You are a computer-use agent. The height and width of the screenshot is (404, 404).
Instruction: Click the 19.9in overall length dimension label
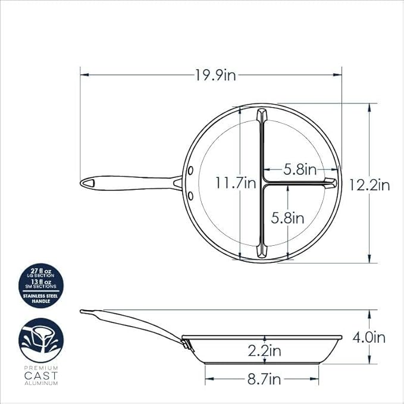[x=215, y=75]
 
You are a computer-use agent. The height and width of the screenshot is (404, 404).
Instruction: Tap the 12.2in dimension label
[x=369, y=185]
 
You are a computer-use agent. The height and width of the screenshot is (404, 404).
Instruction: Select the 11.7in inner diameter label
[x=236, y=183]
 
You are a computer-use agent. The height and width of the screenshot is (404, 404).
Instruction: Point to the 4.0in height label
[x=369, y=337]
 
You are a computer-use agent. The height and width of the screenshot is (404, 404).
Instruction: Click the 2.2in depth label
[x=264, y=350]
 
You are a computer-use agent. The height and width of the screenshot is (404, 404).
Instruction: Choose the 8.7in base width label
[x=264, y=379]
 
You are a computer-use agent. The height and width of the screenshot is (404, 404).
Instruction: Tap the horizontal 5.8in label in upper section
[x=300, y=170]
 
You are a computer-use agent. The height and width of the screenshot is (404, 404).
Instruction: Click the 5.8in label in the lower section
[x=287, y=218]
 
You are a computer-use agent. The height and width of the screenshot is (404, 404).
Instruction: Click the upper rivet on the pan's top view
[x=190, y=170]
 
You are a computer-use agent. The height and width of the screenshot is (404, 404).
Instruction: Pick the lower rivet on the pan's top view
[x=190, y=196]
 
